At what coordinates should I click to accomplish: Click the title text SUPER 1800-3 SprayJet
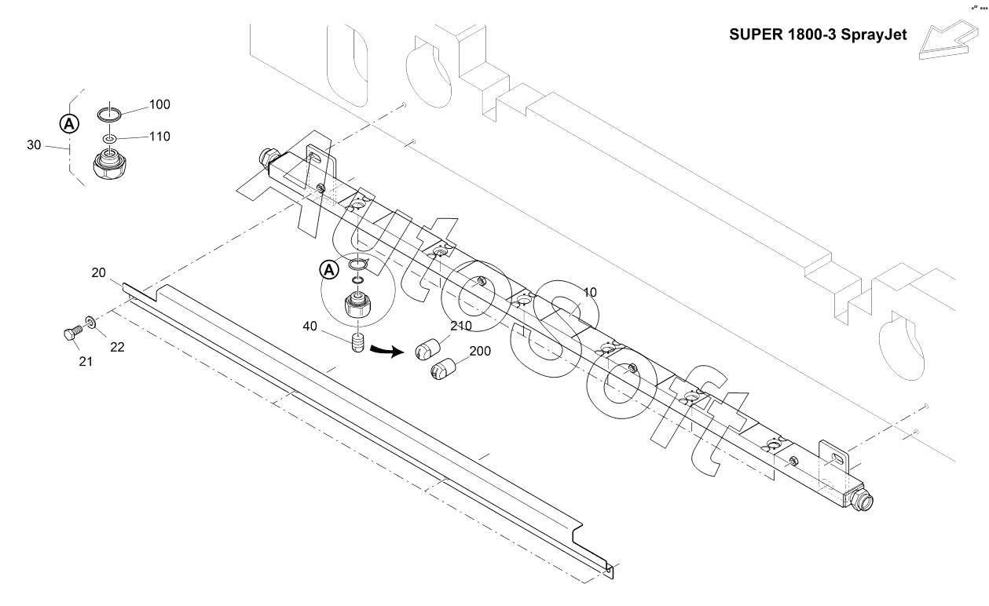(818, 35)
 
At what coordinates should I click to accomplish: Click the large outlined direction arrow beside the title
(948, 40)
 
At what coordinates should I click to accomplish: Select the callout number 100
(159, 104)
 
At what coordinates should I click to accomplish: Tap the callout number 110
(159, 137)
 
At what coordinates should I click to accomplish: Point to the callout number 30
(34, 144)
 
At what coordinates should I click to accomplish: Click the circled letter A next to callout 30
(69, 124)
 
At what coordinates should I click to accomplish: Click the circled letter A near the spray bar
(329, 270)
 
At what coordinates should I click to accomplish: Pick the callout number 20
(98, 272)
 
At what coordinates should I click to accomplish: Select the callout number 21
(86, 361)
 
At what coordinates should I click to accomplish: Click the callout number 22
(117, 347)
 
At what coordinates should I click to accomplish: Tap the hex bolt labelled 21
(73, 333)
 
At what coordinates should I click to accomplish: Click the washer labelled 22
(90, 322)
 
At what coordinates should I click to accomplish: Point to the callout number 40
(310, 326)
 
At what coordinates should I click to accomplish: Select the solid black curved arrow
(386, 351)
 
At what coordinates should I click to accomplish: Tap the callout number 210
(461, 326)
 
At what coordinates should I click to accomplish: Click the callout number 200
(480, 351)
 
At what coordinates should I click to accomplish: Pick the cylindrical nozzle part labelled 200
(443, 369)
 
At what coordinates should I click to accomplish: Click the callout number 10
(590, 292)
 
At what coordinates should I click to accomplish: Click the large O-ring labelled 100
(109, 115)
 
